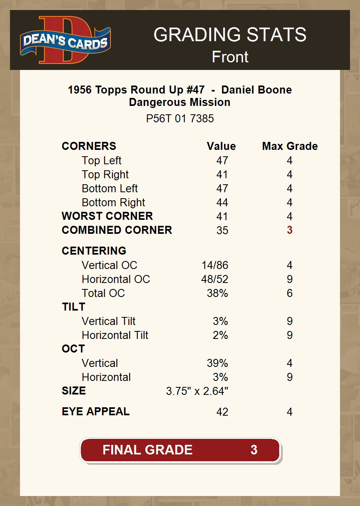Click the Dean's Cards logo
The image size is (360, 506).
(66, 40)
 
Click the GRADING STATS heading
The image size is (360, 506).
(230, 35)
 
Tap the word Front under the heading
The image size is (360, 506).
(230, 57)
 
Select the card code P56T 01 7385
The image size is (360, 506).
(180, 119)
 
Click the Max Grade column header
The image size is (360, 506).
(290, 146)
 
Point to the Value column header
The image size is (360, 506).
(221, 146)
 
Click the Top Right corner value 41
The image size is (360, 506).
(222, 175)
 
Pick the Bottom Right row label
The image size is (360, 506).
(113, 203)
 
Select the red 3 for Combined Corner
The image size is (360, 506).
(290, 231)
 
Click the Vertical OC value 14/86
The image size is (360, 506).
(215, 265)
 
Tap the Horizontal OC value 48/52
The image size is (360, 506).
(215, 279)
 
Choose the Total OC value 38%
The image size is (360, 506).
(217, 293)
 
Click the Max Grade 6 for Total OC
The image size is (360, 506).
(290, 293)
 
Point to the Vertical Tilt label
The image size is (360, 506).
(108, 321)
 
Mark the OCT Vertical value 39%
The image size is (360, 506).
(217, 363)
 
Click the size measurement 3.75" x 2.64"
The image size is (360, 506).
(197, 391)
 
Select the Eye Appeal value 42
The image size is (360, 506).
(222, 412)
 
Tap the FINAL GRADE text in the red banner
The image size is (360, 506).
(147, 450)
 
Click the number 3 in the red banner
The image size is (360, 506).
(254, 450)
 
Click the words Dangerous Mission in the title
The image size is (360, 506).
(180, 102)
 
